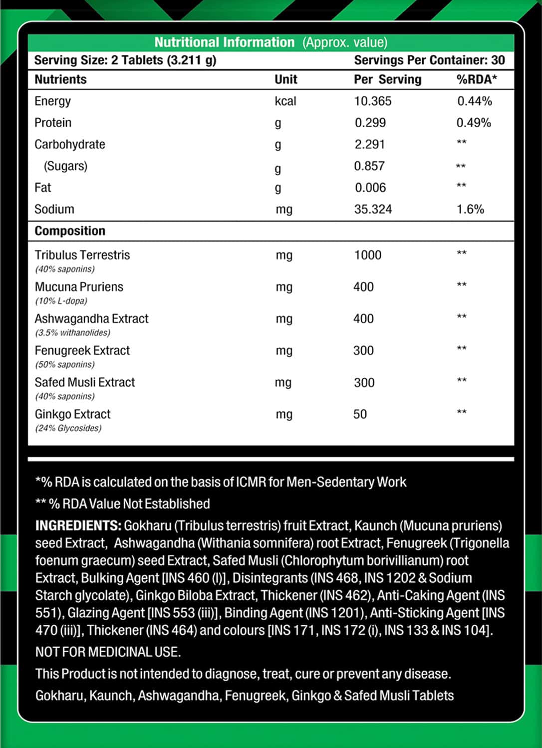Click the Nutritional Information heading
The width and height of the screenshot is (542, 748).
(224, 42)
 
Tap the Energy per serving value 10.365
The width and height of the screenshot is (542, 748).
(373, 101)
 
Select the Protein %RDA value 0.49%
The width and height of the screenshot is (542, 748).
(474, 123)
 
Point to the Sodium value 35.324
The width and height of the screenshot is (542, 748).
(373, 209)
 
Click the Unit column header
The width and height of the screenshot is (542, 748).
(285, 79)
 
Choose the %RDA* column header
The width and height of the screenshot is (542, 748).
(477, 79)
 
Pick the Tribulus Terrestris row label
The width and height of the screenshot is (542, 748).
(82, 255)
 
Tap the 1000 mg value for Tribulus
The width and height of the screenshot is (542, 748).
(368, 255)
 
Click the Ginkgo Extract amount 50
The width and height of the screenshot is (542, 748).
(360, 414)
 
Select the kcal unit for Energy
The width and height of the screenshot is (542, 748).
(285, 101)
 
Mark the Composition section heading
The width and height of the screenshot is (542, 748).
(70, 231)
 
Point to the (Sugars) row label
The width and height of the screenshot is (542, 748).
(65, 166)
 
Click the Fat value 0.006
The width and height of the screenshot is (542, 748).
(370, 188)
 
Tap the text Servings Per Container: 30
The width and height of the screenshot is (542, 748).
(429, 60)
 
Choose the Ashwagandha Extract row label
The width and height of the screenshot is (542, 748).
(91, 319)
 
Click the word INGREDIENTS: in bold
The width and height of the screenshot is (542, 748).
(78, 525)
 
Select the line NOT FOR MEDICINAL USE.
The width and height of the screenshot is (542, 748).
(108, 652)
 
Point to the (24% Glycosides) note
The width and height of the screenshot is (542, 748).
(68, 428)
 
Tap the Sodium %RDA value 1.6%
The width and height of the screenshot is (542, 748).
(470, 209)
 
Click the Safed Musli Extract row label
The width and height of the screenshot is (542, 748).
(85, 382)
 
